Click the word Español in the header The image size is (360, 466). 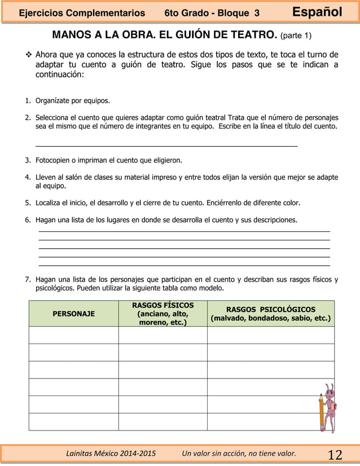click(317, 12)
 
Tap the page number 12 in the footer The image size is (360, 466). click(335, 455)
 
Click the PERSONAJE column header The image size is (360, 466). click(73, 314)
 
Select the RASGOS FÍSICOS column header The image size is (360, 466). click(163, 314)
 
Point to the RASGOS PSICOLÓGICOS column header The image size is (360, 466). click(270, 314)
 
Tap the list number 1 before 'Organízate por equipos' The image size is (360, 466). click(27, 102)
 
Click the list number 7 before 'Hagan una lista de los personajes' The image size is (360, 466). click(27, 279)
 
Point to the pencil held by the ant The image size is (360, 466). click(322, 415)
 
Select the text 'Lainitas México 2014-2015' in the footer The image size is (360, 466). click(111, 454)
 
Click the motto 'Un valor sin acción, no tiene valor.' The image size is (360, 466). click(239, 454)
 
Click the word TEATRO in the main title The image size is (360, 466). click(247, 36)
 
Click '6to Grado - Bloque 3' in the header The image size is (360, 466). click(212, 12)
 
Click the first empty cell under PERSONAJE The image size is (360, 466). click(73, 335)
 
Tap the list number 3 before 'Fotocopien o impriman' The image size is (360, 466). click(27, 160)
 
